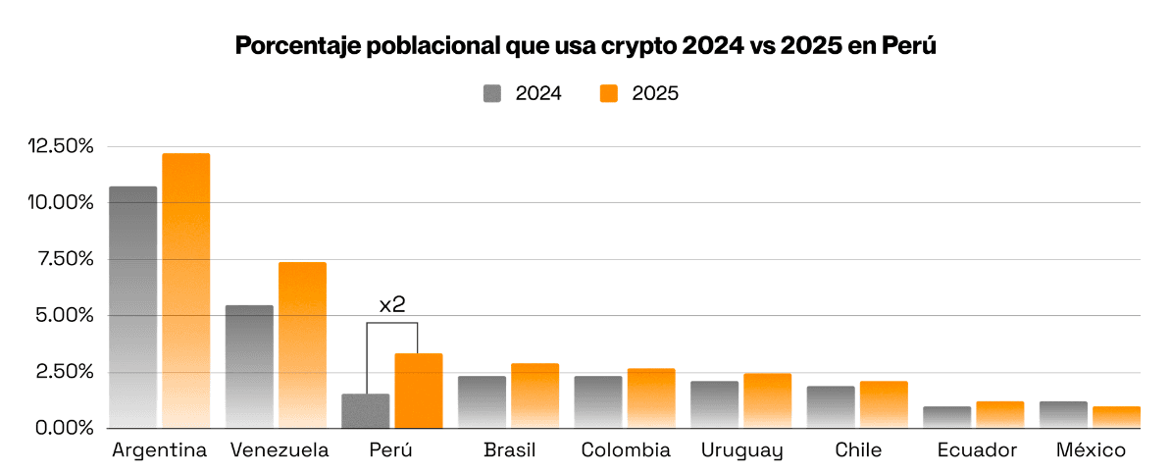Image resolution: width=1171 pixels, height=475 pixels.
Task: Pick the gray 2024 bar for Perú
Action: [365, 411]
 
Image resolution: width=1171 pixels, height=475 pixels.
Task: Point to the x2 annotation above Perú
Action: [392, 305]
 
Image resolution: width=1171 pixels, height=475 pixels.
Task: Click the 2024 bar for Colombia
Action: [597, 402]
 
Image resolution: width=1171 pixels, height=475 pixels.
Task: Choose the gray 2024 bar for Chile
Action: [831, 407]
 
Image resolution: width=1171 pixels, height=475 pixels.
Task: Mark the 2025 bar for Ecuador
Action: [999, 415]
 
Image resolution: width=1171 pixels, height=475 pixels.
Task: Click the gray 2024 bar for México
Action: [1063, 415]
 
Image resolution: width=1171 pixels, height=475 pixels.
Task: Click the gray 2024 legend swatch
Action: [492, 93]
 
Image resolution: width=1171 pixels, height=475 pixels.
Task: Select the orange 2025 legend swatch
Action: [609, 93]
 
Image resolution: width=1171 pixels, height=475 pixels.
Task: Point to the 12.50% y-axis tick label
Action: [61, 146]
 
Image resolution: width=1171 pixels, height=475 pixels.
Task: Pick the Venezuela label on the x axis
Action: [280, 450]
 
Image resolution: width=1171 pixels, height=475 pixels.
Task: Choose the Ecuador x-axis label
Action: [976, 450]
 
